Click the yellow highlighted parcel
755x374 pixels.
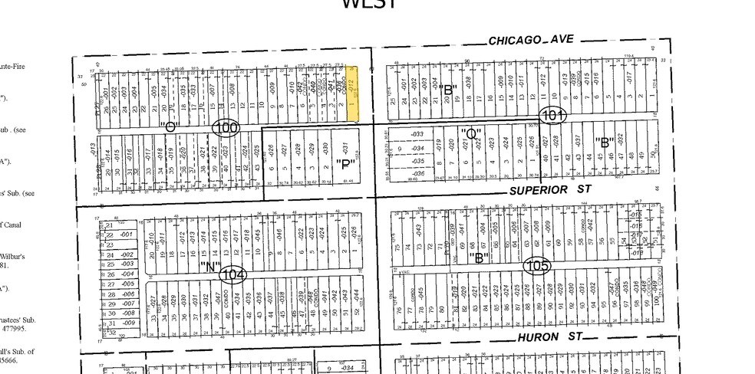click(353, 93)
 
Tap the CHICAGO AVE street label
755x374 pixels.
click(531, 40)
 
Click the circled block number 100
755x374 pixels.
click(226, 128)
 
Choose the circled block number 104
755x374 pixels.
click(232, 274)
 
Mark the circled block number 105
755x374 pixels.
click(537, 265)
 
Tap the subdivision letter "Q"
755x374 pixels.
click(469, 133)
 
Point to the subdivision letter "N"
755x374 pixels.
click(209, 267)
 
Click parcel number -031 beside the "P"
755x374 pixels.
click(345, 146)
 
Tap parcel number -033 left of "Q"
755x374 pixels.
click(418, 134)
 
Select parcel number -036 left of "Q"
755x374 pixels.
click(418, 173)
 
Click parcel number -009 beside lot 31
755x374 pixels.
click(128, 323)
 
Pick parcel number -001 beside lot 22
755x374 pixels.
click(127, 235)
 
